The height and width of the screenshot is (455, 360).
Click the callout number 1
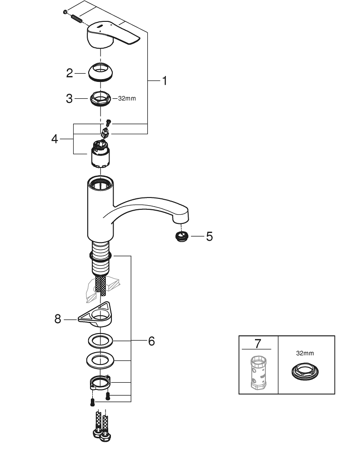click(165, 81)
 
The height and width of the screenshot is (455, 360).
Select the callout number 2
click(69, 73)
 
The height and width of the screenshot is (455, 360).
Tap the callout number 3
click(69, 98)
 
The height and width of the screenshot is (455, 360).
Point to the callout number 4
click(55, 139)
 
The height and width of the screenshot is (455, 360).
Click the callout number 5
click(209, 237)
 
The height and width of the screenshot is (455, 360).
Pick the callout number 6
click(151, 341)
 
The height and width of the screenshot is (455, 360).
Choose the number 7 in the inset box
click(258, 344)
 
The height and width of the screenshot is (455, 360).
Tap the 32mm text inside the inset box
click(305, 353)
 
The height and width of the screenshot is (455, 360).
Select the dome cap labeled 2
click(101, 72)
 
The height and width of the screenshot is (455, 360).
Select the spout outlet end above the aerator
click(181, 218)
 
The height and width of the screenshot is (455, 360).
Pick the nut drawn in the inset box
click(305, 371)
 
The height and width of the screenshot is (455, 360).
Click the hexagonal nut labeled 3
click(100, 98)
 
